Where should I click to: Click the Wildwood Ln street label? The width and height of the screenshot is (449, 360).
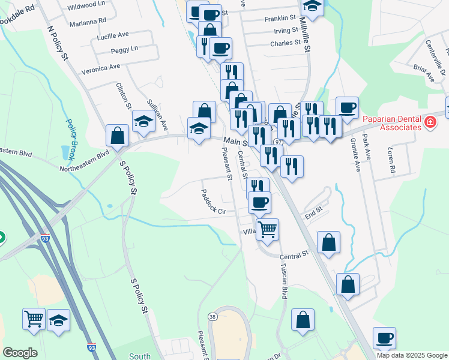[86, 5]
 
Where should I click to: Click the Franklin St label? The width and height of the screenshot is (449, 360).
[281, 19]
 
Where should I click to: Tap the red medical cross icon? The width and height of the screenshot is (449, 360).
[430, 123]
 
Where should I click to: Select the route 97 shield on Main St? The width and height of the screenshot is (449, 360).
[278, 142]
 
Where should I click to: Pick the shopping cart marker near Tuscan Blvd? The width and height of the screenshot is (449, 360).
[267, 229]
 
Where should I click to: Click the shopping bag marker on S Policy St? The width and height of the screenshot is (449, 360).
[117, 136]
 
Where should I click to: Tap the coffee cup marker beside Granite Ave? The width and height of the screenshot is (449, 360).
[347, 108]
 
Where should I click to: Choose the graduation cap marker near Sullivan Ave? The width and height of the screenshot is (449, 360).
[143, 122]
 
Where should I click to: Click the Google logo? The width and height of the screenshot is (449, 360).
[20, 352]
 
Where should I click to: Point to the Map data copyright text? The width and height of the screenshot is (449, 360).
[411, 355]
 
